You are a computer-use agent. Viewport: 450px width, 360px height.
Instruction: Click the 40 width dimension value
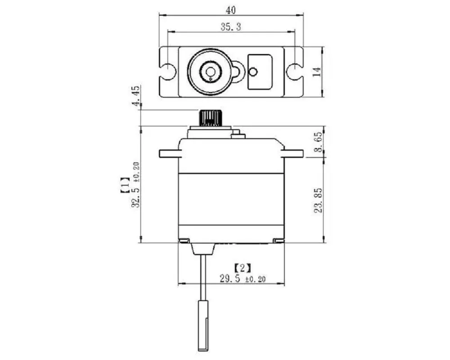(230, 10)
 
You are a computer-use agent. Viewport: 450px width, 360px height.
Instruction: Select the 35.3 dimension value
(231, 27)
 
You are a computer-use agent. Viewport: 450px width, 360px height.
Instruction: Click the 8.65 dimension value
(319, 142)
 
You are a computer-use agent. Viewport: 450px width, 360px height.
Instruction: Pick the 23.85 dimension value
(318, 200)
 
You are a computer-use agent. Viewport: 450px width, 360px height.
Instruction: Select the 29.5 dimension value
(229, 279)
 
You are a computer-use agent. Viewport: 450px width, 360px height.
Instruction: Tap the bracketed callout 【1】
(125, 185)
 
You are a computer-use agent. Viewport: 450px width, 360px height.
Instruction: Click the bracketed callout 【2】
(243, 268)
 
